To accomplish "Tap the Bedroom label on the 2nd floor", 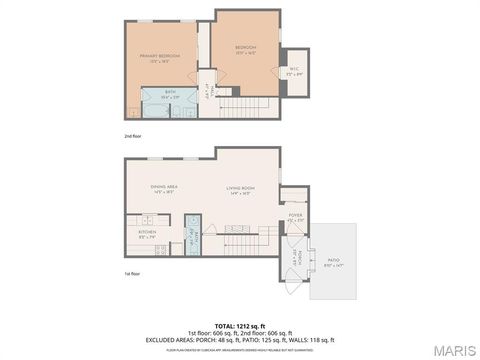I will [x=246, y=49].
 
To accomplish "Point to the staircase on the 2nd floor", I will [x=247, y=107].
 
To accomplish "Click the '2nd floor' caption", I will [x=133, y=134].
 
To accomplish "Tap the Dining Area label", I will [x=164, y=188].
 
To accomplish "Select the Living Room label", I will [x=240, y=188].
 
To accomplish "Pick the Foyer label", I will [x=295, y=217].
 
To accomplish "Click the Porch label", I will [x=294, y=258].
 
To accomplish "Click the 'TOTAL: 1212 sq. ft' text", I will [x=240, y=325].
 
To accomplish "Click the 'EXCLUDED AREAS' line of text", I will [x=240, y=339].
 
